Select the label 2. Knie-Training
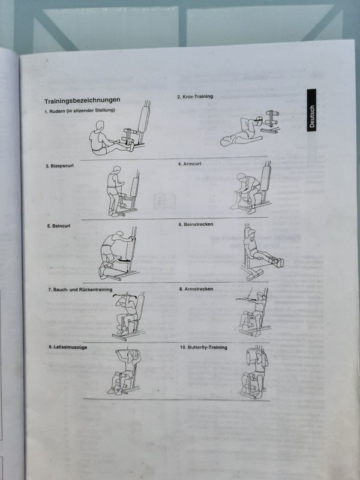[194, 97]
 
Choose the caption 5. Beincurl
[58, 226]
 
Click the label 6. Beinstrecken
[196, 224]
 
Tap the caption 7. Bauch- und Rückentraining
[80, 290]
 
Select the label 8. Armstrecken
[196, 289]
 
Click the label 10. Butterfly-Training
[203, 347]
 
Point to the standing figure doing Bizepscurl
[114, 191]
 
